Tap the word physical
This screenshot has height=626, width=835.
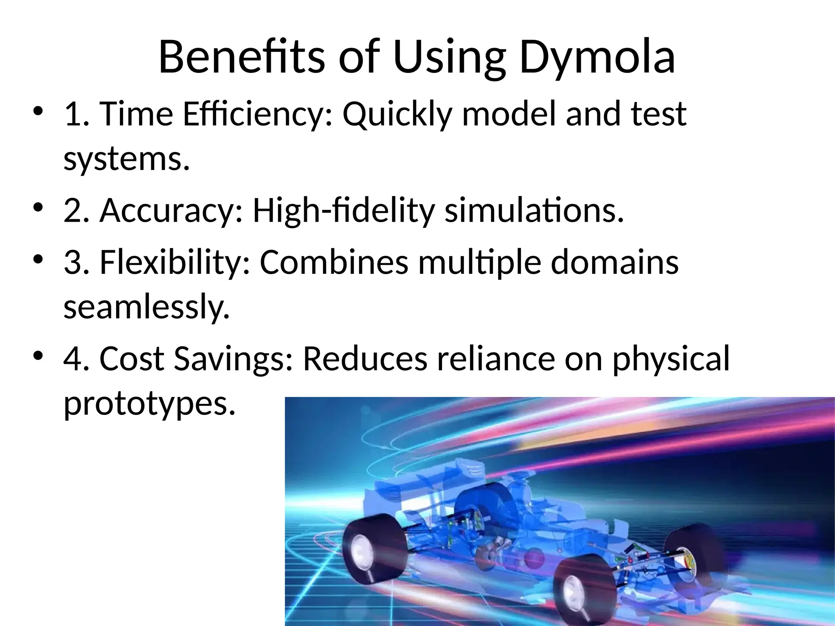coord(671,359)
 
